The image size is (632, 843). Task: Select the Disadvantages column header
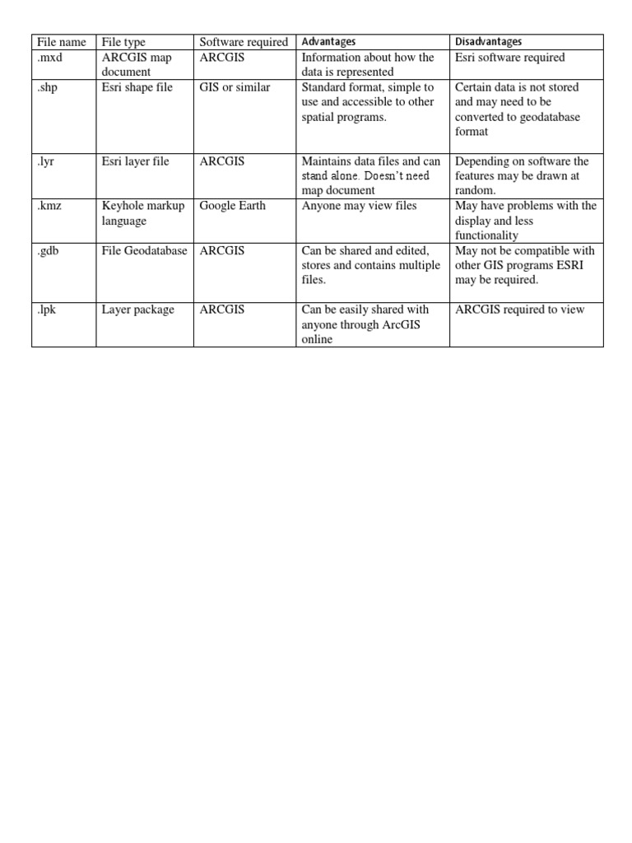(489, 42)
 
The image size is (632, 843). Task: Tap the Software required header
(244, 42)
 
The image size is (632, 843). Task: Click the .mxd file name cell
(50, 58)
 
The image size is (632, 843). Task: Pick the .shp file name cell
(49, 87)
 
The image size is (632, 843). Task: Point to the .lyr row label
(45, 161)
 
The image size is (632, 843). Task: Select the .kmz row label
(49, 206)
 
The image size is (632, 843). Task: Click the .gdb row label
(49, 250)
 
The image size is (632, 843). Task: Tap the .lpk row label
(49, 310)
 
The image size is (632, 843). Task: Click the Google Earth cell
(233, 206)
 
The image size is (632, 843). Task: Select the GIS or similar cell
(235, 87)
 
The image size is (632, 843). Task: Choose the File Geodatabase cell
(145, 250)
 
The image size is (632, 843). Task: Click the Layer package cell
(138, 310)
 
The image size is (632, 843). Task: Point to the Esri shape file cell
(137, 87)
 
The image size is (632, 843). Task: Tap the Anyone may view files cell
(359, 206)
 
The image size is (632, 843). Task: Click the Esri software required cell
(510, 58)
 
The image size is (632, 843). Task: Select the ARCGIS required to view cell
(520, 310)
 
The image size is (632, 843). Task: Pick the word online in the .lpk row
(318, 339)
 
